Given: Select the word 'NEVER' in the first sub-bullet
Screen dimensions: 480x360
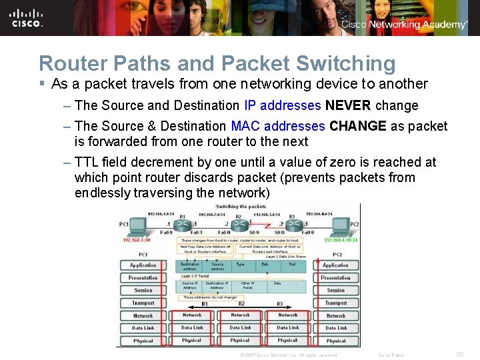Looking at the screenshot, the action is click(x=348, y=105).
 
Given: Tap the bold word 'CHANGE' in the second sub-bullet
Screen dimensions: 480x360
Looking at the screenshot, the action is click(x=358, y=126).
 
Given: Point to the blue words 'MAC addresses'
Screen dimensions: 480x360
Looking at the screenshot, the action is click(x=278, y=126).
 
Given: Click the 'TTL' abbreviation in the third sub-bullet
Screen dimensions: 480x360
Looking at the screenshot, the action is click(x=87, y=162).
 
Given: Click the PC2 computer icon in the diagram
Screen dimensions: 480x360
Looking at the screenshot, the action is click(x=341, y=226).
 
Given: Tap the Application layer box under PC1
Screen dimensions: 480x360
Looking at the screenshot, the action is click(x=143, y=265).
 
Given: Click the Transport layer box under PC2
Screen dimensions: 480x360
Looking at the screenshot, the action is click(x=336, y=303).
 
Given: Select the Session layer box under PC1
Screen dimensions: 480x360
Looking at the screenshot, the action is click(x=143, y=290).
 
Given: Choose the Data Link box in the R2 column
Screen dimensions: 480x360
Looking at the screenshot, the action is click(x=240, y=327).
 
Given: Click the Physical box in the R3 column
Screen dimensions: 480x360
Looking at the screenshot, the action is click(x=288, y=340).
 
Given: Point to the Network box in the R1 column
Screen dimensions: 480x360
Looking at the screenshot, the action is click(x=192, y=315).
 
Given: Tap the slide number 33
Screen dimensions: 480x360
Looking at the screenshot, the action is click(x=459, y=355).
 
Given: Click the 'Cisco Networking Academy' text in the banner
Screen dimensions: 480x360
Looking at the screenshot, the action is click(x=404, y=25).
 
